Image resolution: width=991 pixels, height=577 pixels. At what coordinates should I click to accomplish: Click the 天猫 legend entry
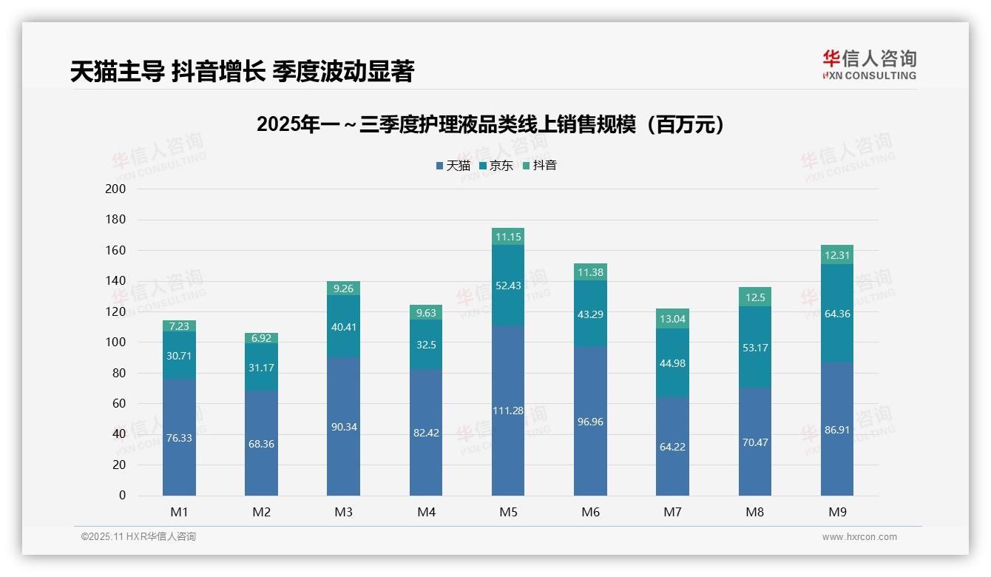tap(453, 166)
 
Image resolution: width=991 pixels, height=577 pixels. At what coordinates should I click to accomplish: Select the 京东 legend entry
tap(495, 166)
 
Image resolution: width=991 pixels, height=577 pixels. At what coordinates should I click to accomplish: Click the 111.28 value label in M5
tap(508, 411)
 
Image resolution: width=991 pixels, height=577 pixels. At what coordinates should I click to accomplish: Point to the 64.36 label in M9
tap(837, 314)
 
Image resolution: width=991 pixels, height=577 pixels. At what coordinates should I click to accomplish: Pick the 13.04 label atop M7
tap(672, 319)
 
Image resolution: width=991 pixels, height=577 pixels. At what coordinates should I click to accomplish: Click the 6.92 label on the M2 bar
tap(262, 338)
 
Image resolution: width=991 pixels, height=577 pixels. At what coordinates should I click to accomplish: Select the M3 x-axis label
tap(344, 512)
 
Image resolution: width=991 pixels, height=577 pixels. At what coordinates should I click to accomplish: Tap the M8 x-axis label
tap(754, 512)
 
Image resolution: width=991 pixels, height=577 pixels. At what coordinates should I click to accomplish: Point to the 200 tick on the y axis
tap(116, 189)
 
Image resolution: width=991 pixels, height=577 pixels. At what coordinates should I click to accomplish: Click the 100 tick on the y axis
tap(116, 343)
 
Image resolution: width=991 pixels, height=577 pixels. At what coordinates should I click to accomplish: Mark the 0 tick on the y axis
tap(122, 496)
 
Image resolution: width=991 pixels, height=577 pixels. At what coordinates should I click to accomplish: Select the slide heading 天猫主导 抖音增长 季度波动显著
tap(242, 71)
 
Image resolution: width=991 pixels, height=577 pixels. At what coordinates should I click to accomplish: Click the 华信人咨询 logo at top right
tap(869, 65)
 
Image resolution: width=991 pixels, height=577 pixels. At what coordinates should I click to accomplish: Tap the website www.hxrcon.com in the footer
tap(859, 537)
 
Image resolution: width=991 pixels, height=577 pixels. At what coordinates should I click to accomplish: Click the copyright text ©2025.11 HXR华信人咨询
tap(138, 537)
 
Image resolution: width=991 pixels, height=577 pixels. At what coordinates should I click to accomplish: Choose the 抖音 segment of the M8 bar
tap(754, 297)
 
